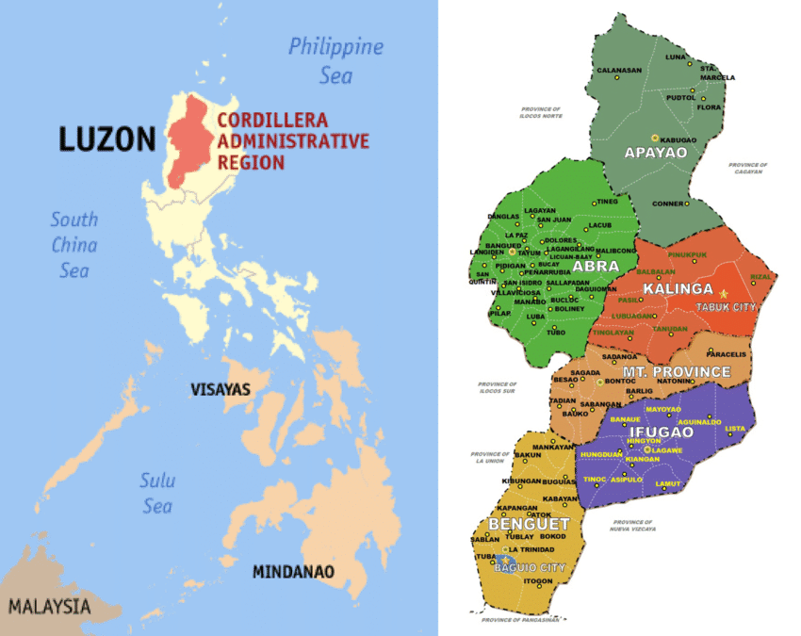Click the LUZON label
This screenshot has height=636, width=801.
pos(106,139)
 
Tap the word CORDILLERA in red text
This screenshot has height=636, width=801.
pos(272,121)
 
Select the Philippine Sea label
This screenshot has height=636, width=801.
pos(335,59)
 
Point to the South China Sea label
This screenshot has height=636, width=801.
pos(74,244)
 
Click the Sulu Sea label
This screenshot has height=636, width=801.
pos(156,493)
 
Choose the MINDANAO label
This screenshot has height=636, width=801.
pos(293,571)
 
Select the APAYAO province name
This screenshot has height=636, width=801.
pos(659,151)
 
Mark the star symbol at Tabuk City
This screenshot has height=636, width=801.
pos(724,294)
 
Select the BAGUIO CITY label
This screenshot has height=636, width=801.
pos(533,568)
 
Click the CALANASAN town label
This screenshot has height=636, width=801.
pos(618,71)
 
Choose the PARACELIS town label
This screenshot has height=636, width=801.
pos(727,354)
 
